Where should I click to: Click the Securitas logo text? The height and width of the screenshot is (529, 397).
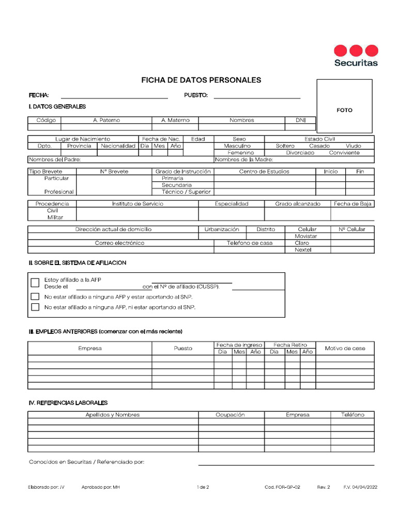[x=356, y=63]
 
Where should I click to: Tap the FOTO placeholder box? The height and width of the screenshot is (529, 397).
[x=344, y=106]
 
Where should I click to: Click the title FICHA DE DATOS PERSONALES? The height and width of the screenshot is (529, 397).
[x=201, y=80]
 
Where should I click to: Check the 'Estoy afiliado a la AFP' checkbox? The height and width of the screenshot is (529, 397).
[x=35, y=283]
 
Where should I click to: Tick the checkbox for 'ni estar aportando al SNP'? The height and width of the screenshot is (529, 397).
[x=35, y=307]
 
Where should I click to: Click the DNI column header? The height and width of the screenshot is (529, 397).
[x=300, y=120]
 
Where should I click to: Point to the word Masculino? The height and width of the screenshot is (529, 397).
[x=237, y=146]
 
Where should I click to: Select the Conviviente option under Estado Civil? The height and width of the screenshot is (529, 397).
[x=344, y=153]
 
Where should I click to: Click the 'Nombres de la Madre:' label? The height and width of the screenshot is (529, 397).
[x=240, y=160]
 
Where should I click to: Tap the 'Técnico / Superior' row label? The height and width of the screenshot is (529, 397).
[x=186, y=192]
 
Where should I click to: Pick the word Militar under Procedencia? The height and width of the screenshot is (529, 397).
[x=55, y=217]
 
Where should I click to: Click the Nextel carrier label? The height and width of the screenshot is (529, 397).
[x=303, y=250]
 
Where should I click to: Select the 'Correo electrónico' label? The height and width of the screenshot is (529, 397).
[x=119, y=243]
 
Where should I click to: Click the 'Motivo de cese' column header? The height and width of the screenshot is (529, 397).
[x=345, y=348]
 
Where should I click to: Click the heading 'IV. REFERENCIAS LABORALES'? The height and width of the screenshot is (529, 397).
[x=68, y=402]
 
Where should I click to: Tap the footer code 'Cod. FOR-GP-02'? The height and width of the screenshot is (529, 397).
[x=282, y=487]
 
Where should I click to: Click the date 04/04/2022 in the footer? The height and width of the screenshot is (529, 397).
[x=364, y=487]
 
